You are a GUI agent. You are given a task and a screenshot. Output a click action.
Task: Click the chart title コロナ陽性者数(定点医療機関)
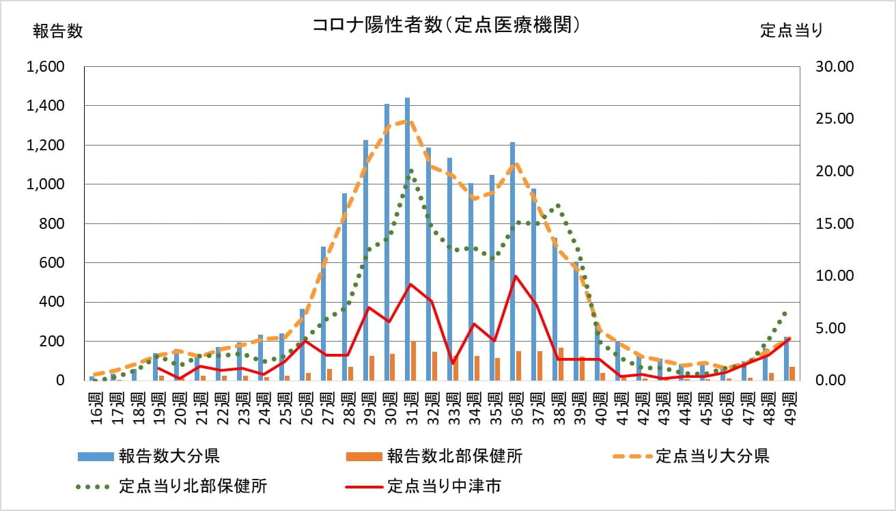click(447, 25)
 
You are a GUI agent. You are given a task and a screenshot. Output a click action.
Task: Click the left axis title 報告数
click(57, 31)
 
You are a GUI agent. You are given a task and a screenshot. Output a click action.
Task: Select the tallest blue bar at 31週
click(407, 239)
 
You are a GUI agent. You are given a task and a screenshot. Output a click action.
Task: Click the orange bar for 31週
click(413, 361)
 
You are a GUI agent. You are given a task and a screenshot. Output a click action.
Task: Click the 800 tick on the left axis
click(55, 223)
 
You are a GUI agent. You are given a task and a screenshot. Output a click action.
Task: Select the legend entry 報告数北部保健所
click(455, 456)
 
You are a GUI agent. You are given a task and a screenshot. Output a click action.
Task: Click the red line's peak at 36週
click(516, 276)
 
